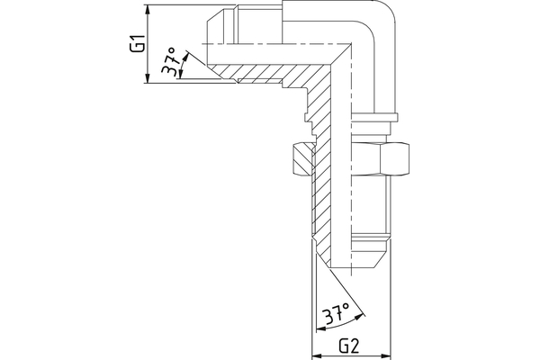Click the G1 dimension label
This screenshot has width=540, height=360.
[137, 44]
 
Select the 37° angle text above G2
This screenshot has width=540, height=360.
[337, 314]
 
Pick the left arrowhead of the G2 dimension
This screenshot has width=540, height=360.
[315, 352]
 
